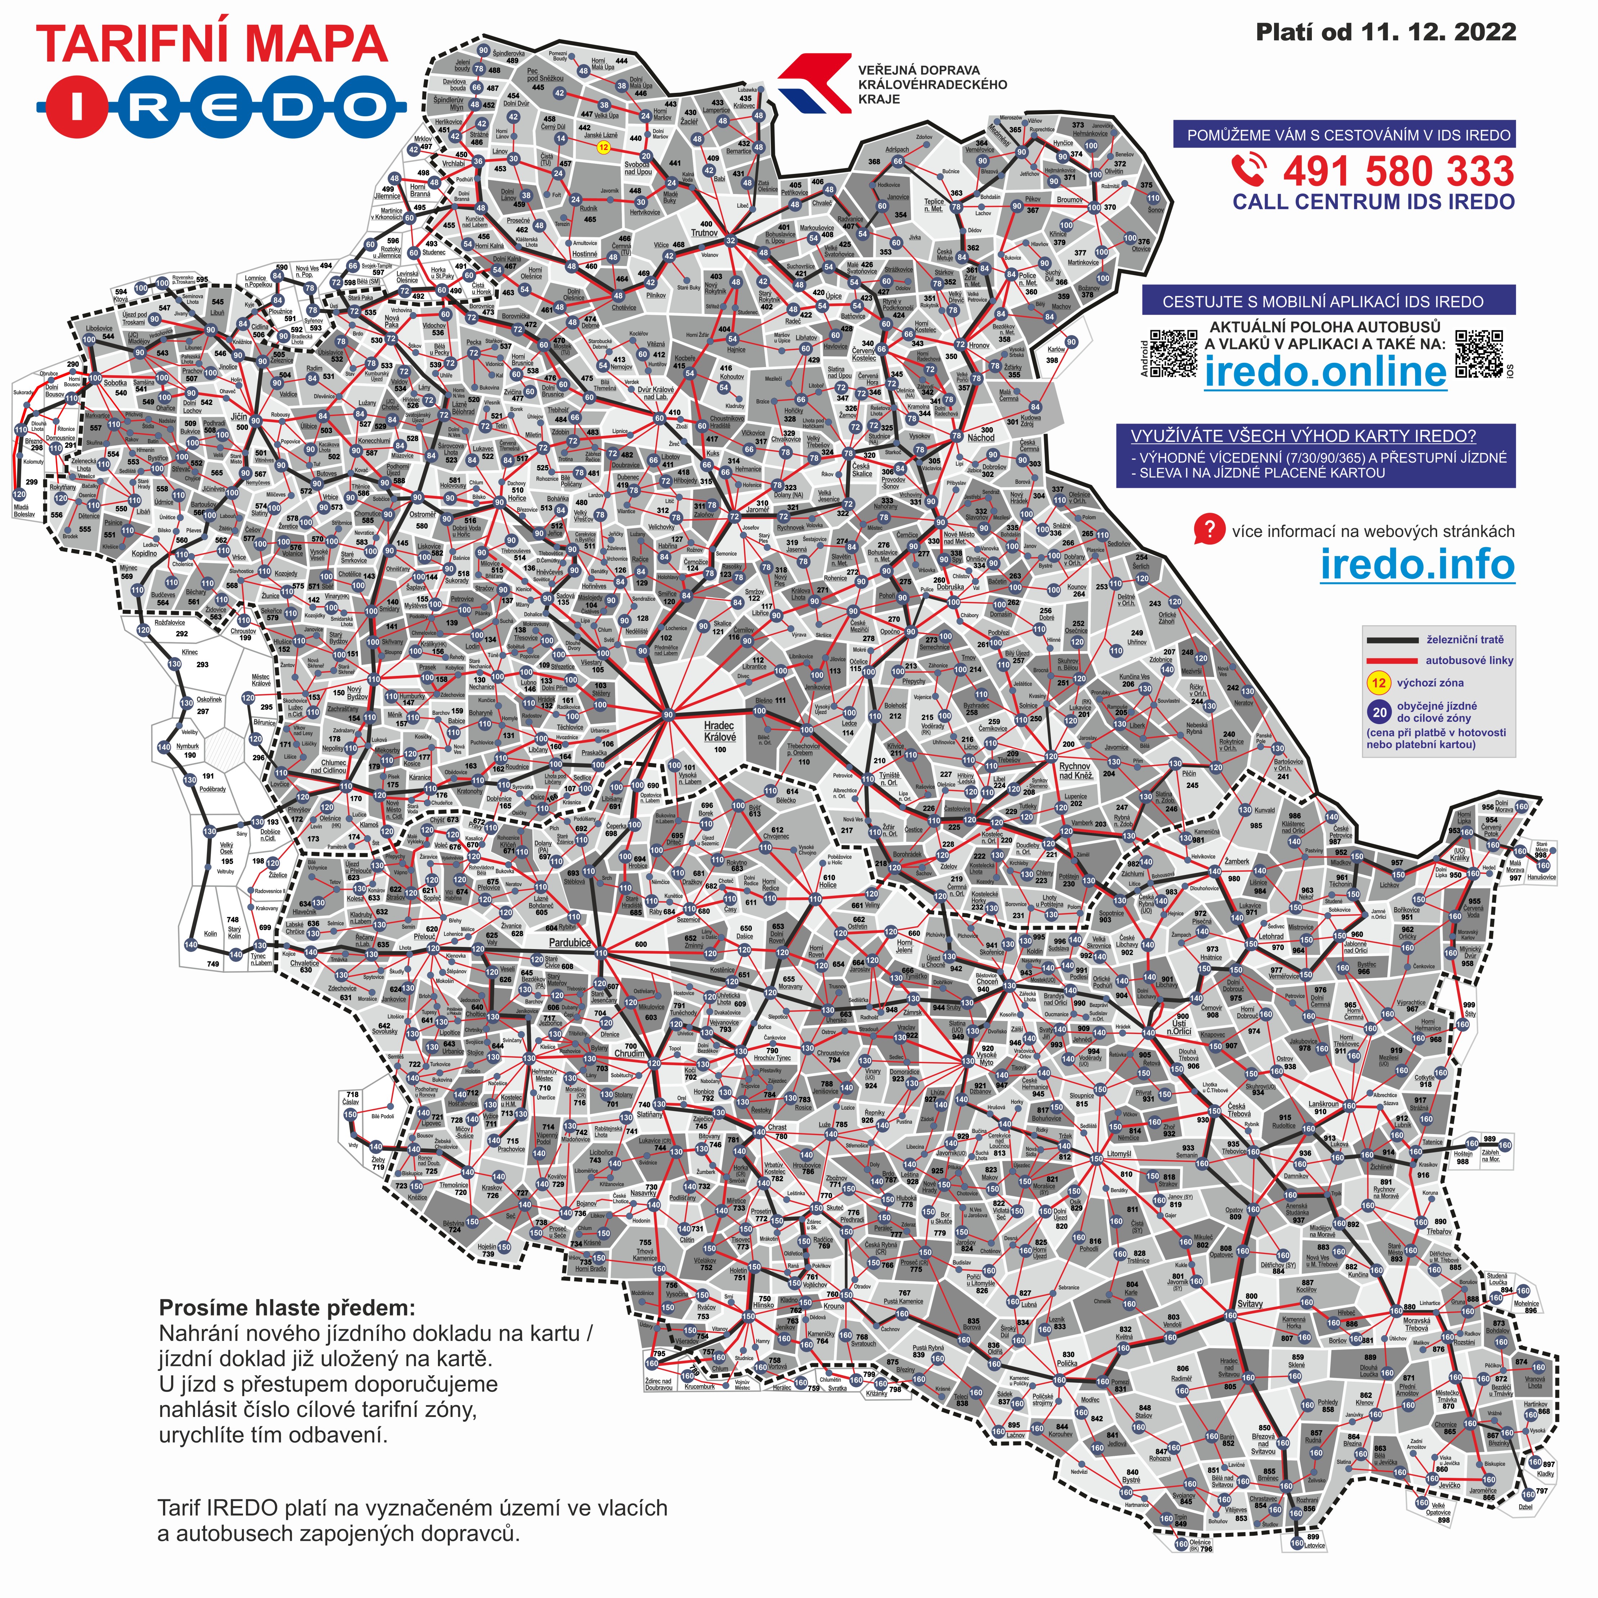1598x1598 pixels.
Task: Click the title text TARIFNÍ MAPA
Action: click(212, 44)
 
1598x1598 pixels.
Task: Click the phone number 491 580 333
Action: click(1398, 172)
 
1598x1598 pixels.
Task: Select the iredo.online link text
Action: click(1325, 373)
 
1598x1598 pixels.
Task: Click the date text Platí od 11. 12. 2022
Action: click(1385, 32)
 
